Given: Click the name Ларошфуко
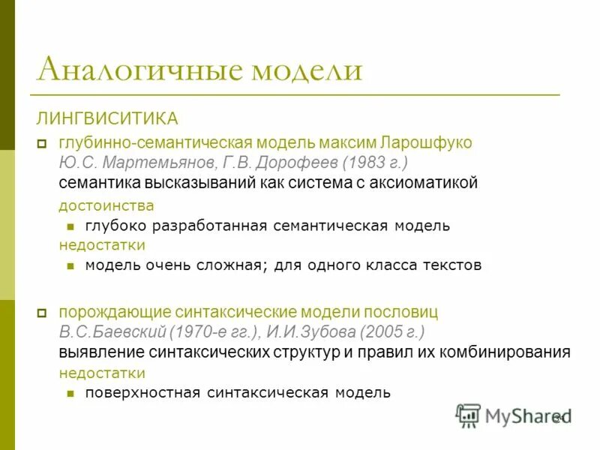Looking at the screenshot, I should (x=427, y=142).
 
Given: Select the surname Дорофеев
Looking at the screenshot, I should (x=295, y=162).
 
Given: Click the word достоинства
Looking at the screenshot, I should (x=107, y=205).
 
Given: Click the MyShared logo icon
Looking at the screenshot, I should (x=468, y=415).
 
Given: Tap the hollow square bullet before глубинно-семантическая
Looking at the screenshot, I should (x=42, y=143).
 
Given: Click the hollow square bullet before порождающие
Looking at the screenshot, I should (x=42, y=312).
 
